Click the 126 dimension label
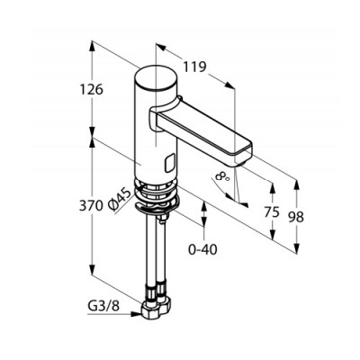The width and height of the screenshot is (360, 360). (92, 89)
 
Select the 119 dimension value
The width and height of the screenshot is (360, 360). (194, 67)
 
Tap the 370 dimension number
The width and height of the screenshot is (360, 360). (91, 206)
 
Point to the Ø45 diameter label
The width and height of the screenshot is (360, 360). (120, 200)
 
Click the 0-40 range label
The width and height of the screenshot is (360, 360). (202, 249)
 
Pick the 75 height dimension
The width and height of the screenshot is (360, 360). (272, 212)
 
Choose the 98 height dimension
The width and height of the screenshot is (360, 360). (296, 217)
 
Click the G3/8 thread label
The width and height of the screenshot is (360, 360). (103, 306)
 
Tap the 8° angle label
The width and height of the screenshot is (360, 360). (222, 176)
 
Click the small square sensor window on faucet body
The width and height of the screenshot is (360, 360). (170, 164)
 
